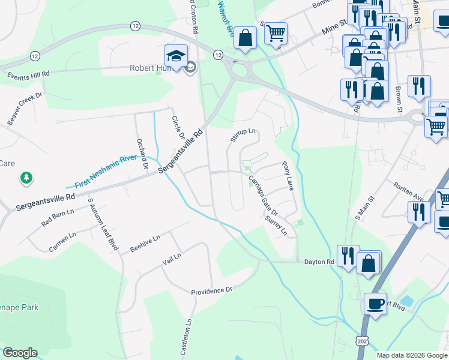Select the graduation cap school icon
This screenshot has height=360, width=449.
point(175,56)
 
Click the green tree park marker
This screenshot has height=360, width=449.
point(26,178)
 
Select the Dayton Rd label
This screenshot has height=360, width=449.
point(319,262)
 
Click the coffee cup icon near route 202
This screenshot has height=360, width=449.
point(376,303)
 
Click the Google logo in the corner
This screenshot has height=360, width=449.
point(20,353)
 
